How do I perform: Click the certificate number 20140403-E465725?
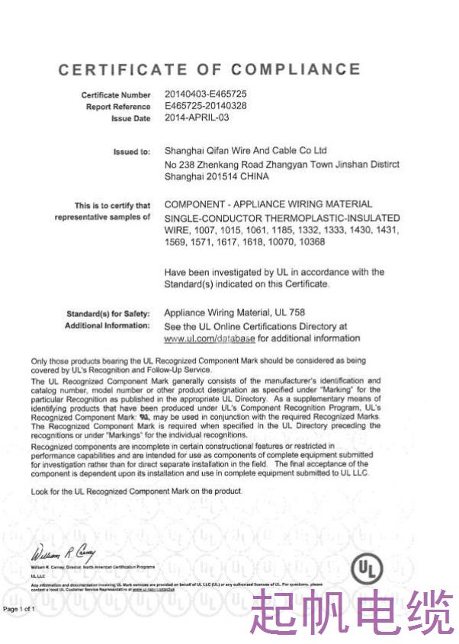point(205,94)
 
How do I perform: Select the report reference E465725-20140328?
point(205,106)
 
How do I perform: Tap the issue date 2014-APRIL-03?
point(196,118)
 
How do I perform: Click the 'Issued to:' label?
point(132,152)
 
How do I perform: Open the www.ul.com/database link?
point(210,338)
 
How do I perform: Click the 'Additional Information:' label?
point(108,325)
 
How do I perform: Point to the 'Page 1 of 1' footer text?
point(19,609)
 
